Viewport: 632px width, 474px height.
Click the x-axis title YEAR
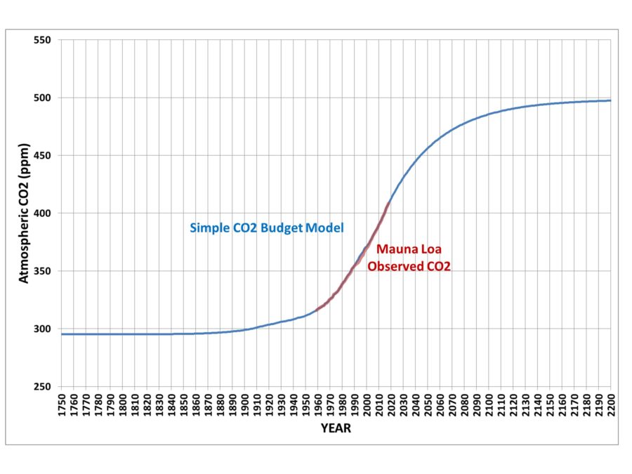pos(336,428)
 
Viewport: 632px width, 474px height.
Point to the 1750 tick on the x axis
pos(61,404)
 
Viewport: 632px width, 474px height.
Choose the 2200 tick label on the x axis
pos(610,404)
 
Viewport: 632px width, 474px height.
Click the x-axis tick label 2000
pos(367,404)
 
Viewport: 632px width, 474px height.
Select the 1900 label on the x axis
pos(244,404)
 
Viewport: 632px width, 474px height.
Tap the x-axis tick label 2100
pos(488,404)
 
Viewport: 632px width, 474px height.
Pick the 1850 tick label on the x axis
pos(183,404)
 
